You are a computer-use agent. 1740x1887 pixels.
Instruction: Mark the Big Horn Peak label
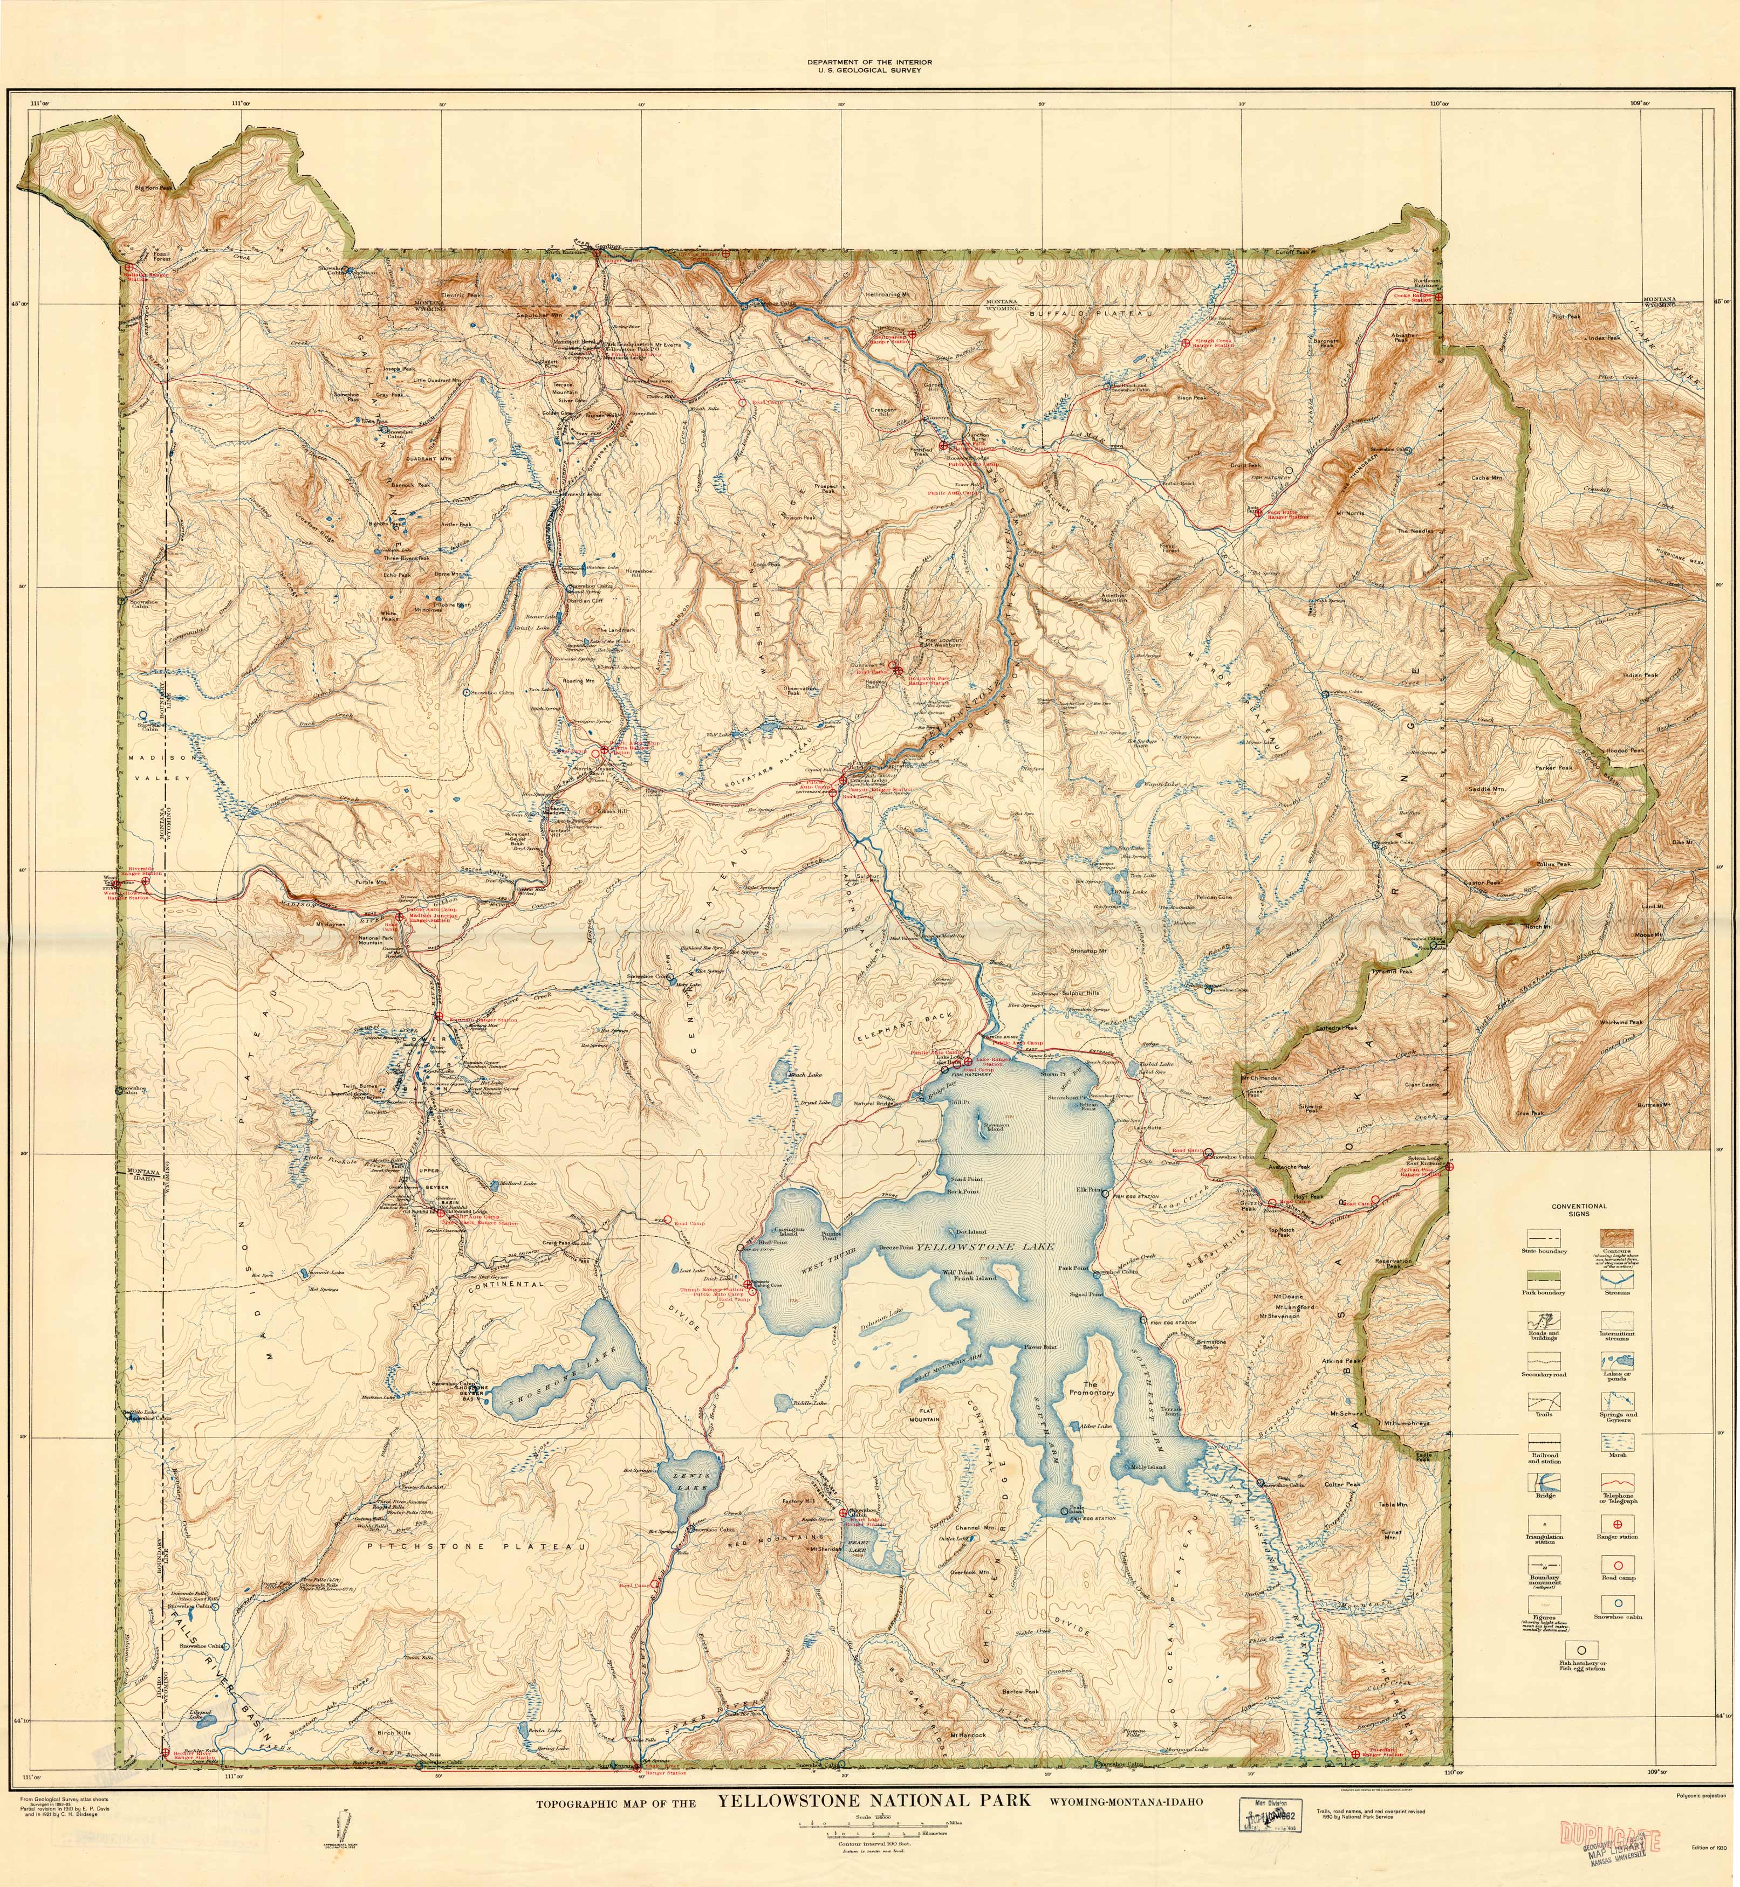coord(154,187)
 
